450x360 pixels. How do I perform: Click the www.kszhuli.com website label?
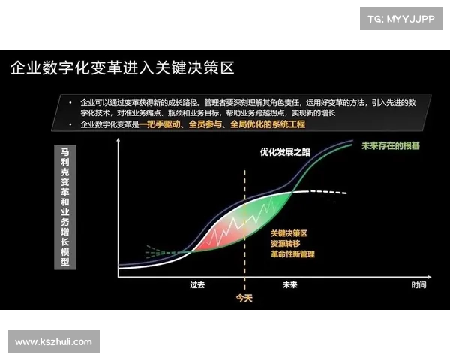53,342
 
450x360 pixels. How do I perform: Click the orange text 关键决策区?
289,233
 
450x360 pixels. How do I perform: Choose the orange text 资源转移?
285,244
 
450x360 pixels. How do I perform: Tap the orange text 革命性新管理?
293,254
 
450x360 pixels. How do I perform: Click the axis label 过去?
197,285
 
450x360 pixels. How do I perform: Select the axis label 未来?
290,285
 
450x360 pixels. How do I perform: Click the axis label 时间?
418,285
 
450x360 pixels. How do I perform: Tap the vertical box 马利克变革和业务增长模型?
65,207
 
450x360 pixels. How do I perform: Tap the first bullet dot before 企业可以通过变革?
70,100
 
